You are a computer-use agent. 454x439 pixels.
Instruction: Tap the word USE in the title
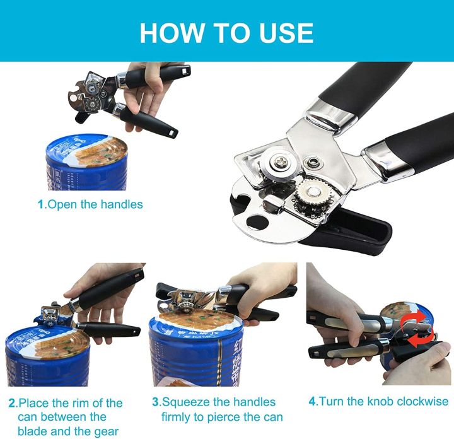coord(283,32)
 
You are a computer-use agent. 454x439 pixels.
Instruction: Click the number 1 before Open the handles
coord(41,204)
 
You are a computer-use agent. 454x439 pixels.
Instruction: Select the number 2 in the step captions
coord(11,403)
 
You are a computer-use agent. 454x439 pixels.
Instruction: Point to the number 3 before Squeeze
coord(156,402)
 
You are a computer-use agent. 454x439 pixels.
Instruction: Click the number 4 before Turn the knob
coord(312,401)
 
